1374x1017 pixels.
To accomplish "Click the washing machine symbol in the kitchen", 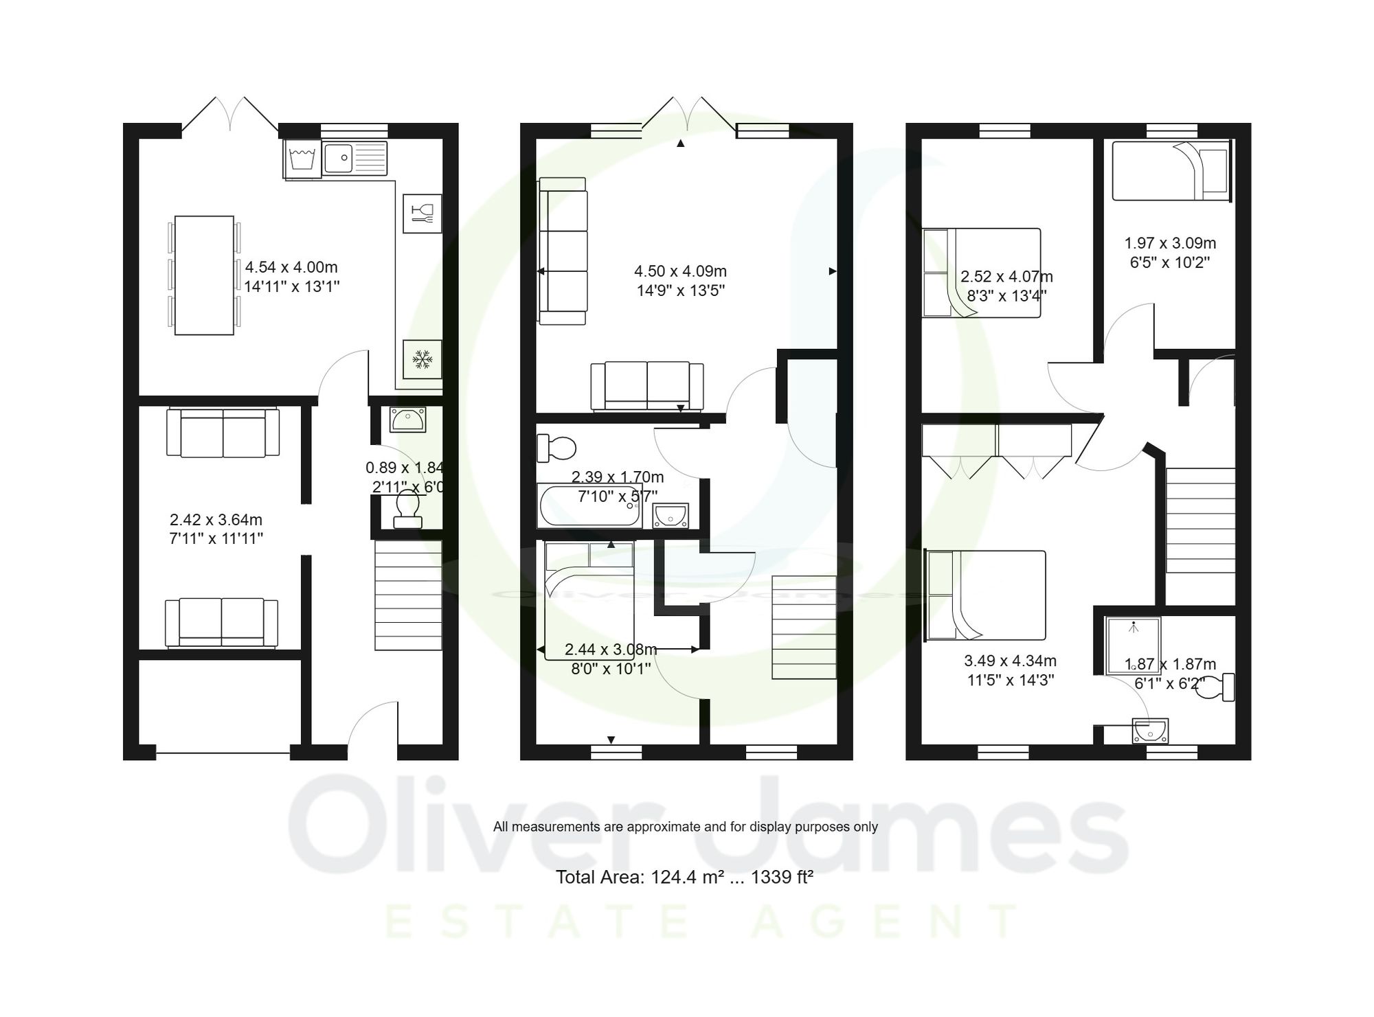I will (302, 159).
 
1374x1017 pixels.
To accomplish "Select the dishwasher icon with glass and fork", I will (422, 214).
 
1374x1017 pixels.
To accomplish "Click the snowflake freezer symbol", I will (422, 358).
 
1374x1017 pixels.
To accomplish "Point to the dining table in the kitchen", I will (204, 275).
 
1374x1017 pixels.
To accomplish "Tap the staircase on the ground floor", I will (408, 595).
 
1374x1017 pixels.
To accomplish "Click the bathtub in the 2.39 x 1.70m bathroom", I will (589, 506).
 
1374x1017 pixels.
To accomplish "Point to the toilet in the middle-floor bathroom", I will (557, 448).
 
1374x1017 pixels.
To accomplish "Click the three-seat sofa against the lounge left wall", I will (563, 251).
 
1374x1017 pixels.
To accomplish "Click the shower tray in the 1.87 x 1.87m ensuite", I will (1133, 645).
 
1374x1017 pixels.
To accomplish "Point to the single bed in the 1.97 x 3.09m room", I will (1170, 171).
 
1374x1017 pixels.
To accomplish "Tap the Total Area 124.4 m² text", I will (684, 878).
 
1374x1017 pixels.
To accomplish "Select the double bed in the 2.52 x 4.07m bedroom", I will (982, 273).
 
